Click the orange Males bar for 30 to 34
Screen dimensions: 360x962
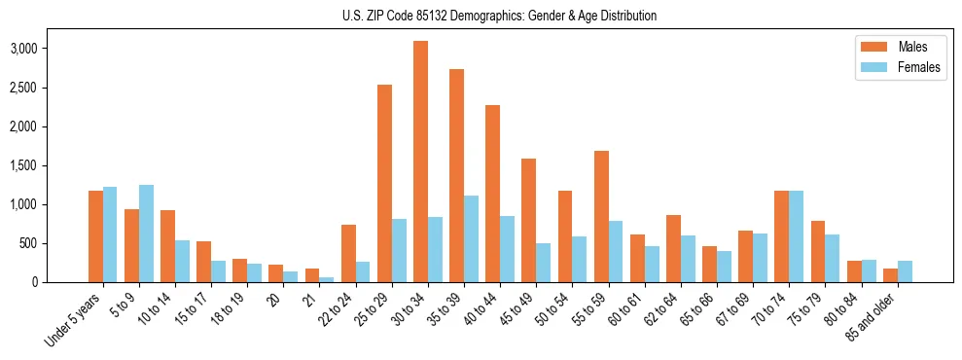420,162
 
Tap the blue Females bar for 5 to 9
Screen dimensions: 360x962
146,234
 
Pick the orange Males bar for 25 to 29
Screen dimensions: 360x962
384,183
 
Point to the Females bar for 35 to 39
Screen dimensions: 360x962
471,238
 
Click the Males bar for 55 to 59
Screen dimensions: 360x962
600,216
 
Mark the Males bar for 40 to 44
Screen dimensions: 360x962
492,194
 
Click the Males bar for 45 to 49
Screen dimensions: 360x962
528,220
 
